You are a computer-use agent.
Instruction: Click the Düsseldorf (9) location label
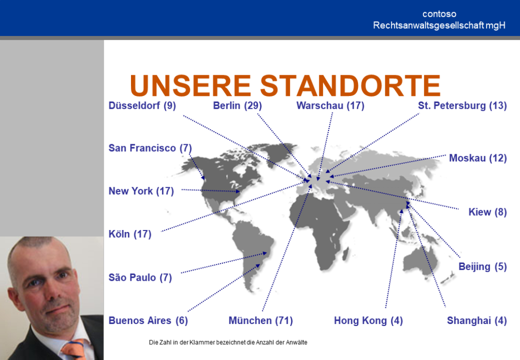(142, 106)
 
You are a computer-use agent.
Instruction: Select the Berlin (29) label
(238, 106)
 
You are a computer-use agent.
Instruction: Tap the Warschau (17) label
(330, 106)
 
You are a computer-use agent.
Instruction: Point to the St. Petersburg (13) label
(462, 106)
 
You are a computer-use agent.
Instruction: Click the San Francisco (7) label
(150, 148)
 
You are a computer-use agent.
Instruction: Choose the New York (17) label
(141, 191)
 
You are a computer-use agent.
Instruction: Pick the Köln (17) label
(130, 234)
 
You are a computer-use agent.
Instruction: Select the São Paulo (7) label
(140, 277)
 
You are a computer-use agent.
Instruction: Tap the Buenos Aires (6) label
(148, 320)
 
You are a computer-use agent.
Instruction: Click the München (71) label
(261, 320)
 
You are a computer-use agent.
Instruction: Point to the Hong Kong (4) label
(369, 320)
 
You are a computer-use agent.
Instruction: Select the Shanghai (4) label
(477, 320)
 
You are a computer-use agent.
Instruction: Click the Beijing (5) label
(482, 267)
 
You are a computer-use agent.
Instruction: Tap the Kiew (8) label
(487, 212)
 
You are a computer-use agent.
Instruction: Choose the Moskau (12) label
(478, 158)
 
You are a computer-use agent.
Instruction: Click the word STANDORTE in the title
(350, 85)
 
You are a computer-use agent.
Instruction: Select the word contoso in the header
(439, 14)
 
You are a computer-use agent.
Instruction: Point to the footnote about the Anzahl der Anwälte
(228, 342)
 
